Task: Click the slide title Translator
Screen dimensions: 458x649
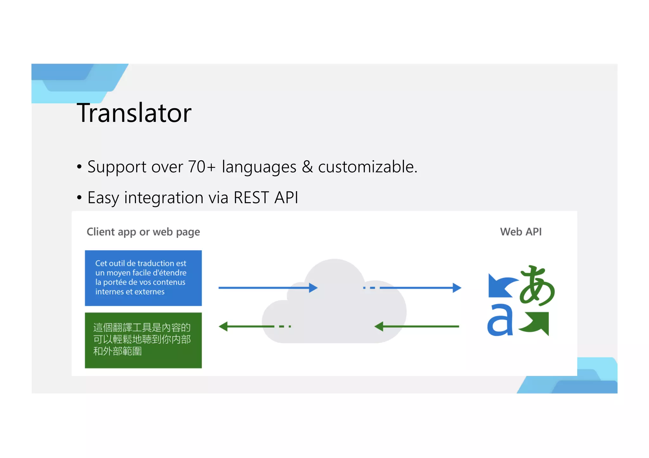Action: click(134, 113)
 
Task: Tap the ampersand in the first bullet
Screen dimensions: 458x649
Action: click(307, 167)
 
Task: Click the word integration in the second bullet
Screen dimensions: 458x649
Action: click(164, 198)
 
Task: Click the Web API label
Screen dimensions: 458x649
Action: click(521, 232)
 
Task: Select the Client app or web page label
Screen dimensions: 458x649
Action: click(143, 232)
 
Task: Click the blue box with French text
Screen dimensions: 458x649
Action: click(143, 278)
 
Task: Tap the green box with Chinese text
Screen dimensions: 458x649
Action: click(143, 340)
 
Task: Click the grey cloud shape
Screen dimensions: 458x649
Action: click(334, 310)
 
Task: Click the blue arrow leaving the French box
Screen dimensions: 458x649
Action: click(268, 288)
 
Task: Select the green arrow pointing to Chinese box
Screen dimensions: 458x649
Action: click(247, 326)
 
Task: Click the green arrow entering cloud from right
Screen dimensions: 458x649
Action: click(417, 326)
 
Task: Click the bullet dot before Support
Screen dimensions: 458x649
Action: click(79, 167)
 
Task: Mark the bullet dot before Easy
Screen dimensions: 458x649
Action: click(79, 198)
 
